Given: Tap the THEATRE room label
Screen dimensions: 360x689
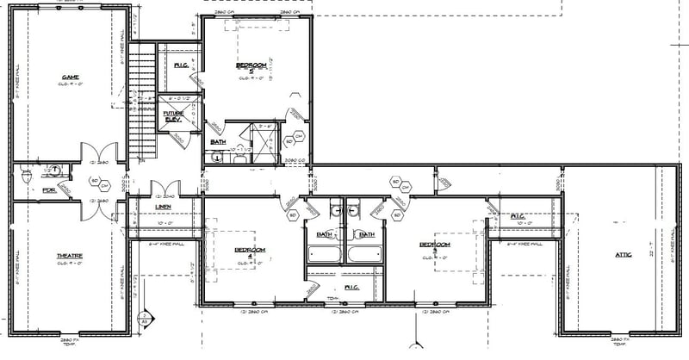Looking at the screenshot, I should (70, 257).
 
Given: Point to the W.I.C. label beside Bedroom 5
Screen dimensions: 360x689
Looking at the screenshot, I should (181, 65).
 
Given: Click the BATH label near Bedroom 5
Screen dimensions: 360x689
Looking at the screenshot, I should (219, 142).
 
